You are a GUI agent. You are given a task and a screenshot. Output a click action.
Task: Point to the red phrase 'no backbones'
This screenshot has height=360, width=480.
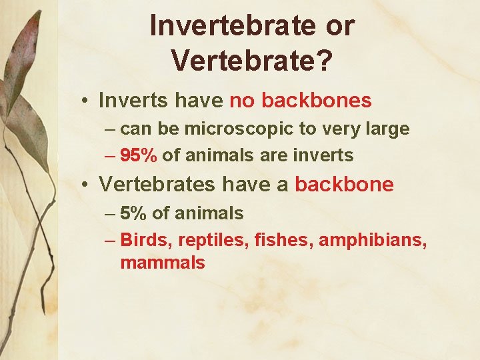tap(300, 101)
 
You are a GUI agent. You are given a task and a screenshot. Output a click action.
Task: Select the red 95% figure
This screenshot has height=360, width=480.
tap(139, 155)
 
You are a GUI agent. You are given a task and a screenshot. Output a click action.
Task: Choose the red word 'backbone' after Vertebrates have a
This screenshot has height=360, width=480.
tap(344, 185)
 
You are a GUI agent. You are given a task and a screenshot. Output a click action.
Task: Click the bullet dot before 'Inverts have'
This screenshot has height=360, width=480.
tap(87, 101)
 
